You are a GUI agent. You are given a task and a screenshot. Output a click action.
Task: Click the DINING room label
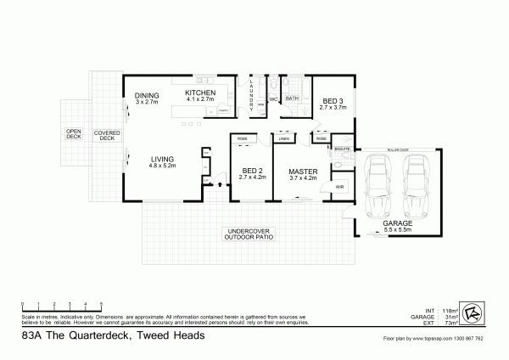click(x=147, y=96)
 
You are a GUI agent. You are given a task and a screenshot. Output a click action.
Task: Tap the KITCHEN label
click(x=200, y=93)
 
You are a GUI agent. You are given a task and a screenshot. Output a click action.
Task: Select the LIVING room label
click(x=163, y=160)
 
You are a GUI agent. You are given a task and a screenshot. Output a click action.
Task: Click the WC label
click(x=273, y=99)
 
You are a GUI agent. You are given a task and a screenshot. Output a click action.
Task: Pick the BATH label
click(x=291, y=99)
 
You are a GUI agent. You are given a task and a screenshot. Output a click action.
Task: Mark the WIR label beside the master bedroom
click(x=338, y=186)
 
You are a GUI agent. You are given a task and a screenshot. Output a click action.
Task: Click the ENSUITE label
click(x=342, y=149)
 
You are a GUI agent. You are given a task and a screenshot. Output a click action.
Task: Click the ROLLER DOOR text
click(x=398, y=149)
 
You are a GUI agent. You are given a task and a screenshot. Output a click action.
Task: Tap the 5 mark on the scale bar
click(x=101, y=303)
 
